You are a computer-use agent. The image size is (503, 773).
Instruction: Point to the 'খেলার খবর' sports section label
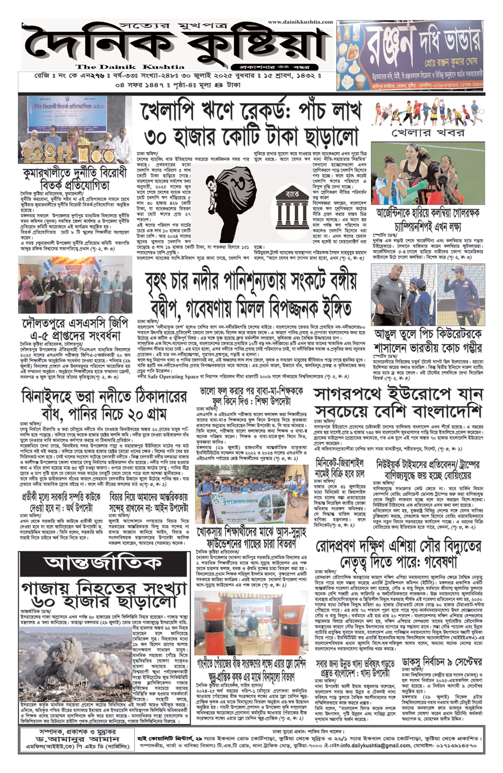coord(428,133)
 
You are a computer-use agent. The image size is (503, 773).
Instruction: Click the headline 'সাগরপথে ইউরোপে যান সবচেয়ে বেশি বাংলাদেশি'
coord(398,402)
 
